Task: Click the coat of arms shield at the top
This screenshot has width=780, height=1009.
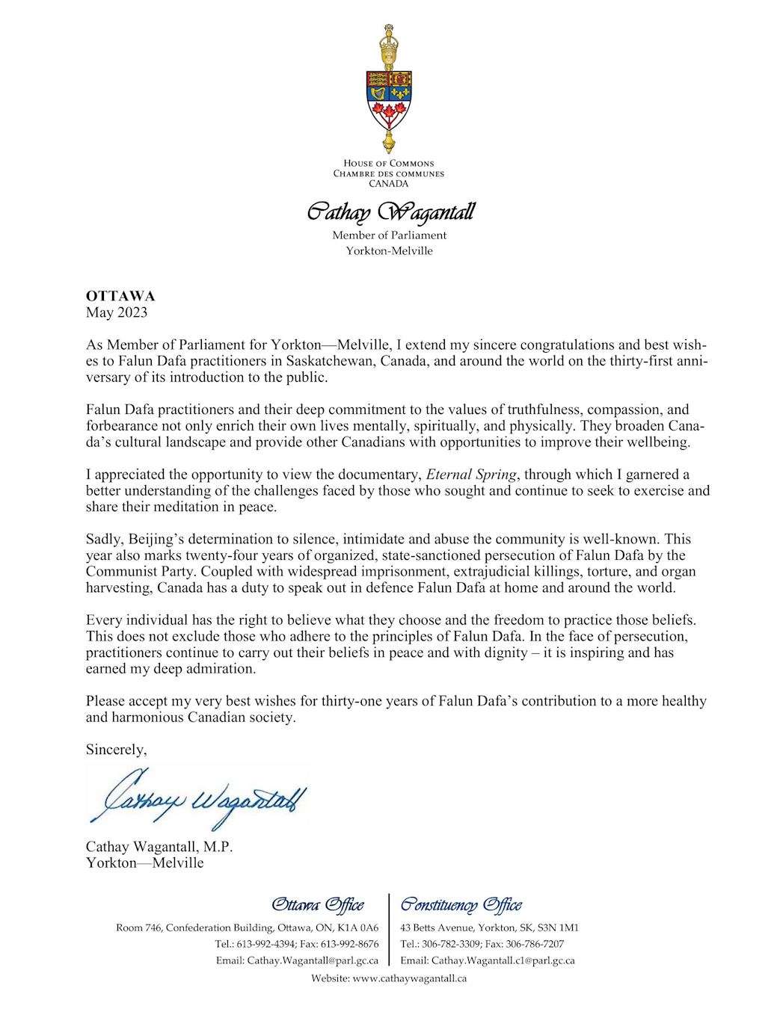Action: pyautogui.click(x=389, y=100)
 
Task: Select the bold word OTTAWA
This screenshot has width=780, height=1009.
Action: pyautogui.click(x=120, y=296)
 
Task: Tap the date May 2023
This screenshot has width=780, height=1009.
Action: pyautogui.click(x=117, y=312)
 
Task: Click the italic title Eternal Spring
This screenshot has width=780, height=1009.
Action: pyautogui.click(x=471, y=475)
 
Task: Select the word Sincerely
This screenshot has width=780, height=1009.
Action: pyautogui.click(x=116, y=750)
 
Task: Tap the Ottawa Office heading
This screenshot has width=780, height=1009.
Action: pyautogui.click(x=318, y=905)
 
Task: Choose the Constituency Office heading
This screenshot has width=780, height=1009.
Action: pyautogui.click(x=461, y=905)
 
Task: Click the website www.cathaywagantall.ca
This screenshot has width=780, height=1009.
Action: pyautogui.click(x=409, y=978)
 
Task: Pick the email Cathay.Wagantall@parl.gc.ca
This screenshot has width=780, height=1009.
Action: pyautogui.click(x=313, y=960)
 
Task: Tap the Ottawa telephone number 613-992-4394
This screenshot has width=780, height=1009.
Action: pyautogui.click(x=265, y=944)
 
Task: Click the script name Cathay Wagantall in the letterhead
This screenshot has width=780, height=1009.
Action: pyautogui.click(x=390, y=213)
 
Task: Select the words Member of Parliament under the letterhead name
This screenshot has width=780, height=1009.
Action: pyautogui.click(x=389, y=235)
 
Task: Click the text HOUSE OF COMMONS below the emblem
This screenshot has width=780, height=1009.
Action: pyautogui.click(x=389, y=163)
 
